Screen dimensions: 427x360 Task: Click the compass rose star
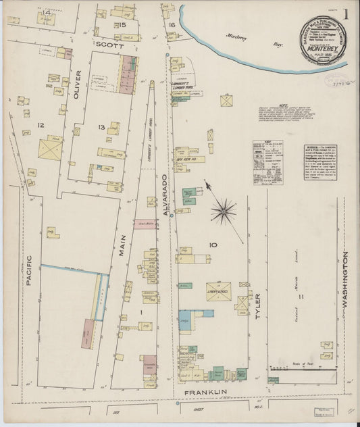pyautogui.click(x=223, y=211)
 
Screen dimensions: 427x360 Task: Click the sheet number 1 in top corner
pyautogui.click(x=346, y=14)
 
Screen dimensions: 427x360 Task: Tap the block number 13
pyautogui.click(x=101, y=127)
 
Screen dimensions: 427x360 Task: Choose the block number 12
pyautogui.click(x=40, y=125)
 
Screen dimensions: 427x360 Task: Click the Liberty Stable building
pyautogui.click(x=218, y=288)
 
